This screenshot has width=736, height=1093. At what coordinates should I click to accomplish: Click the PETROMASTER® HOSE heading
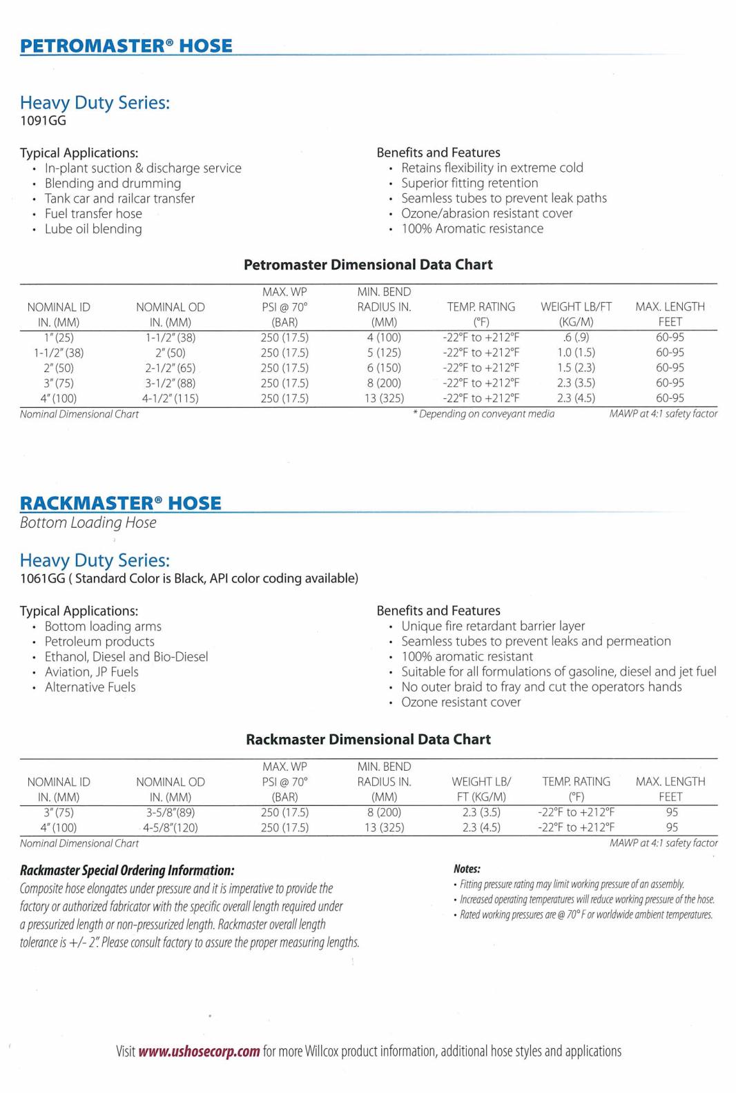coord(126,46)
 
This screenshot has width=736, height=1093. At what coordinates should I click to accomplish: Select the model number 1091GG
coord(43,121)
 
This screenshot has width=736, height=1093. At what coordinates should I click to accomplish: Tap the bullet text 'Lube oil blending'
coord(93,229)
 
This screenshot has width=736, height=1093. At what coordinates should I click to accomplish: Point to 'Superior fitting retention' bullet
coord(469,183)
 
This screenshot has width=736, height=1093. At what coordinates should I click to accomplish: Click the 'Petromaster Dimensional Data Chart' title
coord(368,265)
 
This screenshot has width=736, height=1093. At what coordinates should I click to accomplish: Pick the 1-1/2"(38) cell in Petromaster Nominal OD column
coord(171,337)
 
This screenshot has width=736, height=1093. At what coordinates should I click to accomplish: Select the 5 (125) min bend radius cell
coord(384,353)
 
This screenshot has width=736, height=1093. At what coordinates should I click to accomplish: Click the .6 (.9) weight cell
coord(576,337)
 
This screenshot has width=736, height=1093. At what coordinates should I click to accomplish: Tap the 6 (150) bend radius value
coord(384,368)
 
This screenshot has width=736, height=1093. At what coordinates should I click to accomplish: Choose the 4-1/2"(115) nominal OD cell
coord(171,398)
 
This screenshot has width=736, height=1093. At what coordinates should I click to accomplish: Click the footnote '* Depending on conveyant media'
coord(483,414)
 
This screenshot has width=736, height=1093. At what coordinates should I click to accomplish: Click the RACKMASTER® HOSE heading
coord(121,503)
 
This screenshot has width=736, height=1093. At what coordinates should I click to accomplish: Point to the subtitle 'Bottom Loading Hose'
coord(88,523)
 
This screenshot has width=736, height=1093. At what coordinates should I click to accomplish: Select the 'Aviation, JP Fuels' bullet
coord(92,672)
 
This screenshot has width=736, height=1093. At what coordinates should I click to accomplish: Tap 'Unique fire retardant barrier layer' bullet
coord(493,626)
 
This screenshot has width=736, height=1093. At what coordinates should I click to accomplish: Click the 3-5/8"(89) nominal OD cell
coord(171,812)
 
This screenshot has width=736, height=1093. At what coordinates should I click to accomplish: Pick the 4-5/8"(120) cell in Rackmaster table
coord(171,827)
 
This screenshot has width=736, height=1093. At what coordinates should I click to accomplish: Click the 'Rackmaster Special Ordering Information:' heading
coord(127,871)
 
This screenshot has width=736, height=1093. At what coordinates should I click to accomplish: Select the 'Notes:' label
coord(467,869)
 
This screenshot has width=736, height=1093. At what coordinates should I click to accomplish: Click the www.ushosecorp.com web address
coord(199,1052)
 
